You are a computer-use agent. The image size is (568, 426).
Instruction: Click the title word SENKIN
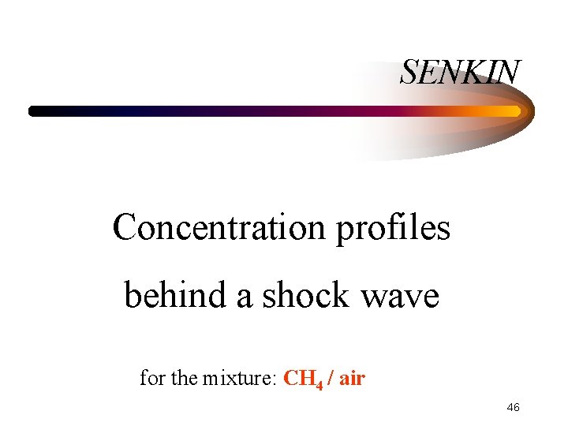tap(460, 73)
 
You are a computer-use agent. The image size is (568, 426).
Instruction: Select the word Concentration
tap(219, 228)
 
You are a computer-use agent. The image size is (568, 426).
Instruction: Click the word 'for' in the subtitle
tap(152, 378)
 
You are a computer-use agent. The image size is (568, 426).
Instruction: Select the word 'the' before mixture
tap(184, 378)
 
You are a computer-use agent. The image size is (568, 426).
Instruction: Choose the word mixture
tap(237, 379)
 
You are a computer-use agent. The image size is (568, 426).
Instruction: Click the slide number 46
tap(512, 407)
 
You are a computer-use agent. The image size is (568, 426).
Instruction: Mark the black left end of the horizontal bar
tap(34, 111)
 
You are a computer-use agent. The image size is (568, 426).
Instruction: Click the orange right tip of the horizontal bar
tap(516, 111)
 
